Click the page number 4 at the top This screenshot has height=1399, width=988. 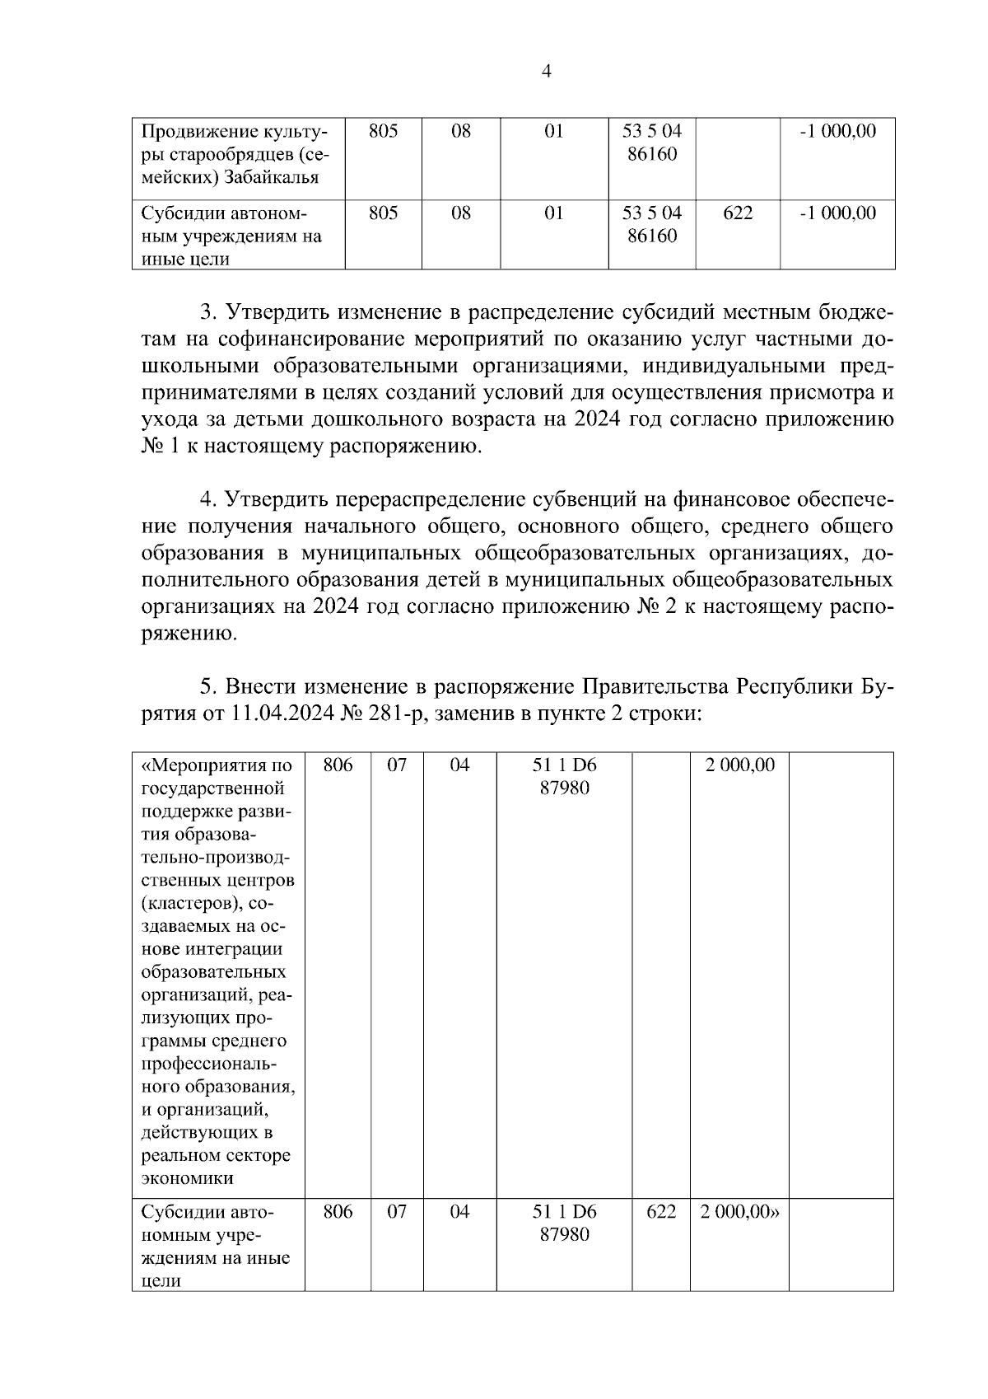tap(547, 73)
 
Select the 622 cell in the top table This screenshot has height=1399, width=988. tap(737, 213)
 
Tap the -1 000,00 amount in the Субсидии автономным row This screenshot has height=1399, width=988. tap(838, 213)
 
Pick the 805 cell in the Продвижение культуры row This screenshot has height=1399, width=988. tap(383, 131)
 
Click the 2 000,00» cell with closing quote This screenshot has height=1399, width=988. tap(739, 1212)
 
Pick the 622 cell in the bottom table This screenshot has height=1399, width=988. tap(661, 1212)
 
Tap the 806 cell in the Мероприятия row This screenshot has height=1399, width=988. tap(338, 765)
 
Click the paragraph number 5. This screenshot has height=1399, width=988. tap(208, 686)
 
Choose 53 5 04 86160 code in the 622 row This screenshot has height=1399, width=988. tap(651, 224)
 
